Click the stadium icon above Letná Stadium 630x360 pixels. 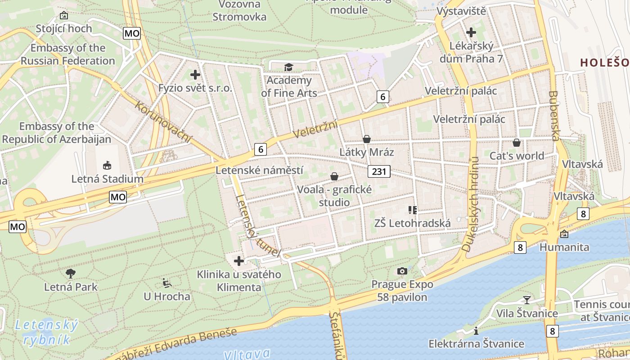pyautogui.click(x=107, y=165)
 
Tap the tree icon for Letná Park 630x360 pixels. pyautogui.click(x=70, y=273)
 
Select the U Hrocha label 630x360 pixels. pyautogui.click(x=167, y=297)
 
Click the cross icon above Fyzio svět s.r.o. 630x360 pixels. pyautogui.click(x=195, y=75)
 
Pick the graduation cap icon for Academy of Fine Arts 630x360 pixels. pyautogui.click(x=288, y=67)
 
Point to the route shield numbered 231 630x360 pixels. pyautogui.click(x=379, y=171)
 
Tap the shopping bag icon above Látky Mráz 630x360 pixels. pyautogui.click(x=367, y=139)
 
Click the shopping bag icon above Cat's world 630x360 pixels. pyautogui.click(x=517, y=143)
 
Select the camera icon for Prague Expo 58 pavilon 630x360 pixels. pyautogui.click(x=402, y=271)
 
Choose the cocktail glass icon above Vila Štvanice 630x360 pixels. pyautogui.click(x=527, y=300)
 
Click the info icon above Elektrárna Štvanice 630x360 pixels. pyautogui.click(x=476, y=331)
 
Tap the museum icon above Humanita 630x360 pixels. pyautogui.click(x=564, y=234)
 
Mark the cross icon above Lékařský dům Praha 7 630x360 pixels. pyautogui.click(x=471, y=32)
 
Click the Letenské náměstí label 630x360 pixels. pyautogui.click(x=259, y=171)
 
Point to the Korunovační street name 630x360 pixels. pyautogui.click(x=163, y=122)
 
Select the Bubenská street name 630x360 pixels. pyautogui.click(x=554, y=116)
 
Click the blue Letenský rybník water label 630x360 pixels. pyautogui.click(x=46, y=332)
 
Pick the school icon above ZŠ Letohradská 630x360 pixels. pyautogui.click(x=412, y=210)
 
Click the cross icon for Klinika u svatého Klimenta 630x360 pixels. pyautogui.click(x=238, y=261)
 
